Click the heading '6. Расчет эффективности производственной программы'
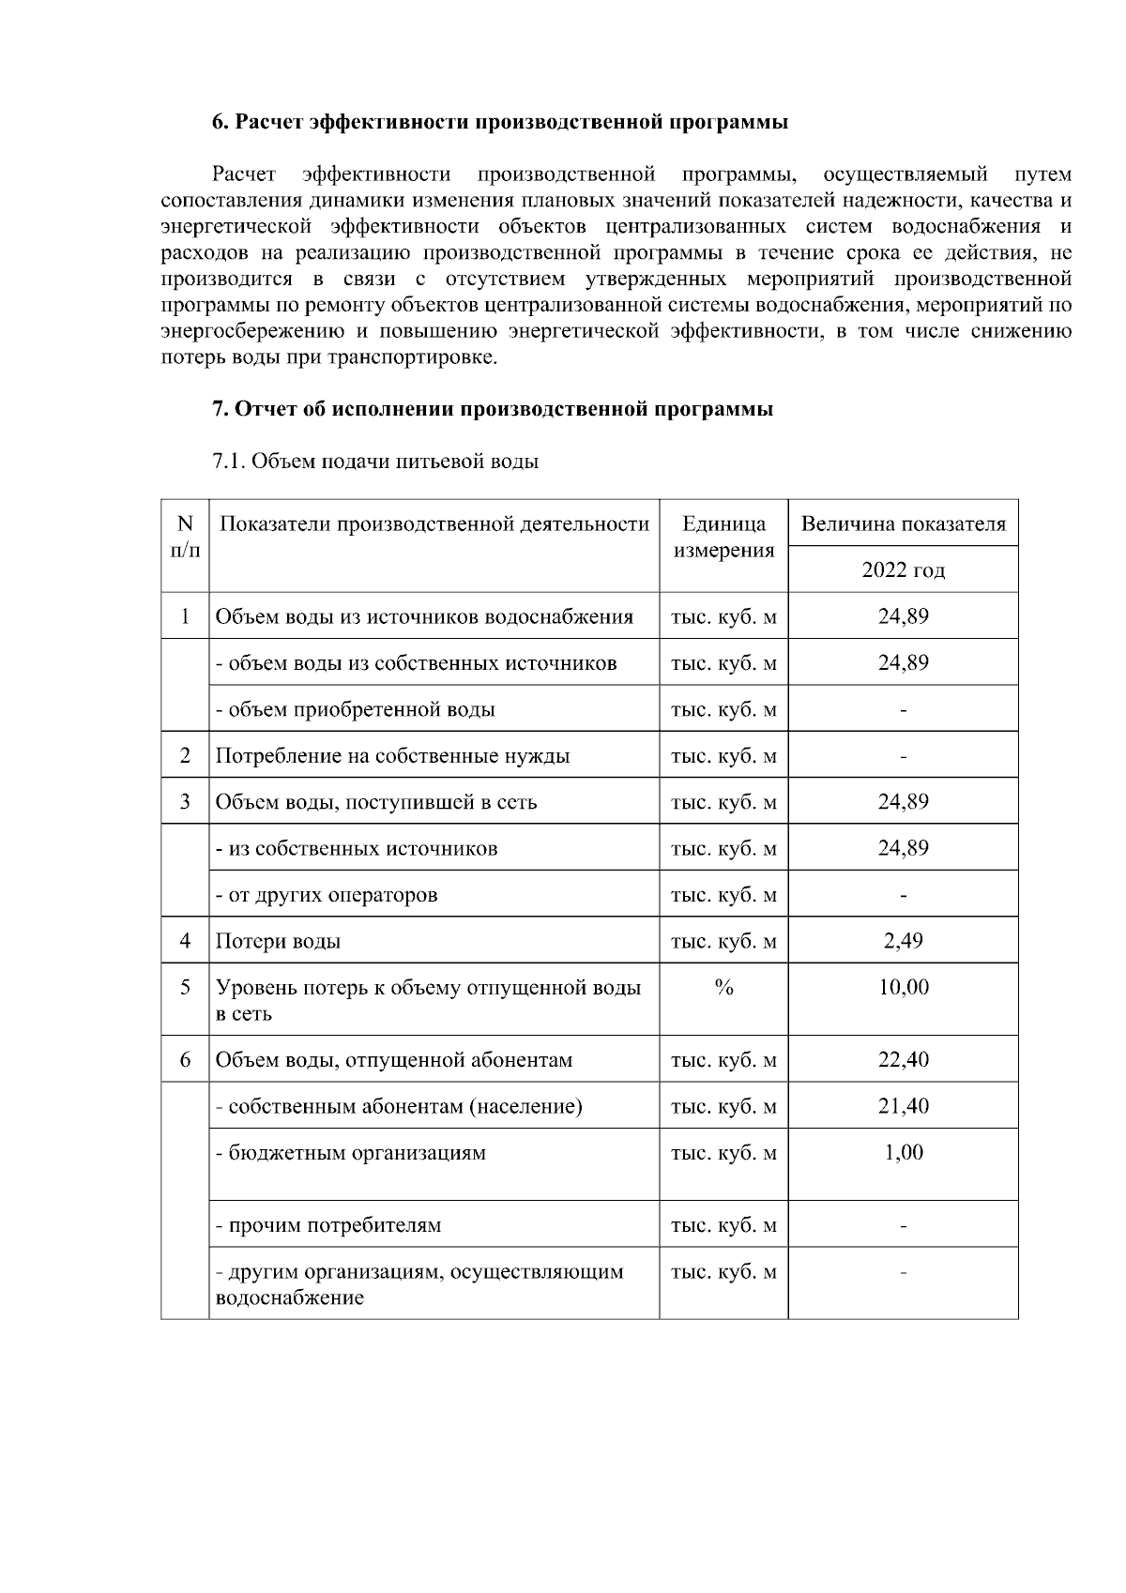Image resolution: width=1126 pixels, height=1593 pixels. pos(499,123)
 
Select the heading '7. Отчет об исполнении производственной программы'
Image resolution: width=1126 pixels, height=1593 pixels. pos(493,409)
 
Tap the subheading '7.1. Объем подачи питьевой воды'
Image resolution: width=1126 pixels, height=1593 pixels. pos(375,461)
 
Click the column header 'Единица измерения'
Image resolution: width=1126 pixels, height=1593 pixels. pos(723,537)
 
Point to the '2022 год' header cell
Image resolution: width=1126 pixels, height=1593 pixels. pos(903,570)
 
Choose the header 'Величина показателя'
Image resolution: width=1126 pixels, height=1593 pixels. pos(903,523)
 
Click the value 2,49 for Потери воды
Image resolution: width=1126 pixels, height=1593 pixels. pos(903,940)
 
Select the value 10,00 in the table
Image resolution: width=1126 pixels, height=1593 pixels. pos(903,987)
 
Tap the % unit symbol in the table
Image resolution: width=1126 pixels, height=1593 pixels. pos(723,987)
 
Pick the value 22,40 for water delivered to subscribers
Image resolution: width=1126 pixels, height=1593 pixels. pos(903,1060)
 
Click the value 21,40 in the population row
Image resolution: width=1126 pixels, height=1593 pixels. pos(903,1106)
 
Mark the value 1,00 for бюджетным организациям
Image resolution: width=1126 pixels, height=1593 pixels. pos(903,1152)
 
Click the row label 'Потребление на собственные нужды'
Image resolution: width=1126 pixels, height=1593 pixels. pos(393,756)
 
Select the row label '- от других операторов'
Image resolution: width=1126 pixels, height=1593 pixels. pos(327,895)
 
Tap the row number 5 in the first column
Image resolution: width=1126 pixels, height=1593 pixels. pos(185,987)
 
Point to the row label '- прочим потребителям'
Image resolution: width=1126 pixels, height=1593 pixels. pos(328,1225)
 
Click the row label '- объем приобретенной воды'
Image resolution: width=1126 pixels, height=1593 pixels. pos(356,710)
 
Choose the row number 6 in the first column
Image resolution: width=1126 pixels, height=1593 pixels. pos(185,1060)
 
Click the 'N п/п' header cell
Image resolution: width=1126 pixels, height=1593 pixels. pos(185,537)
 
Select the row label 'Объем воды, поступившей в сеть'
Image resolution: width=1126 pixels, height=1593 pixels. pos(376,802)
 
